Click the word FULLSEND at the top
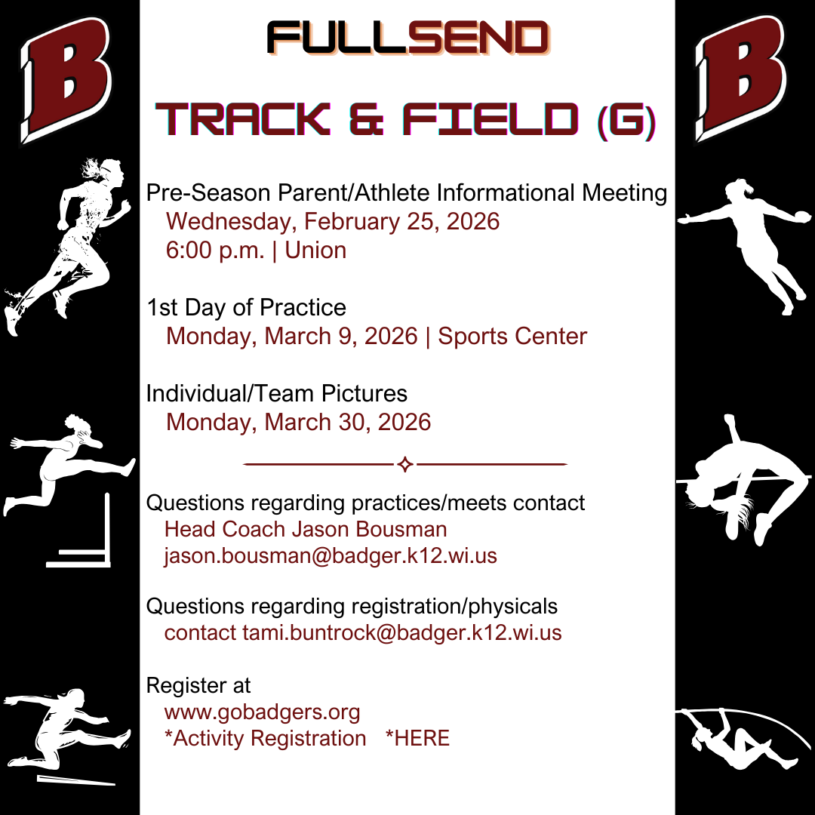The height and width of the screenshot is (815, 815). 408,38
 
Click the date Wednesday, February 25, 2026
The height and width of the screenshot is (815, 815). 333,222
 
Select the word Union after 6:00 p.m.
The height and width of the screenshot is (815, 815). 315,250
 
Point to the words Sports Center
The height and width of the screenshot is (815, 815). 512,337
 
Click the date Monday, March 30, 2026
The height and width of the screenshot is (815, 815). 298,422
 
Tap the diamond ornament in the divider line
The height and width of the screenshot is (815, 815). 405,464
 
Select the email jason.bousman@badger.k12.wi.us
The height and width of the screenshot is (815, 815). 331,555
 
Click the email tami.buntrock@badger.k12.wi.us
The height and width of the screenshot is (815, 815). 402,632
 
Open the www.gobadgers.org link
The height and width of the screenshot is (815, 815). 262,712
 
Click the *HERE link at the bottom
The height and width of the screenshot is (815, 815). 417,738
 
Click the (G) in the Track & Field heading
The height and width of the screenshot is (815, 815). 626,121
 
